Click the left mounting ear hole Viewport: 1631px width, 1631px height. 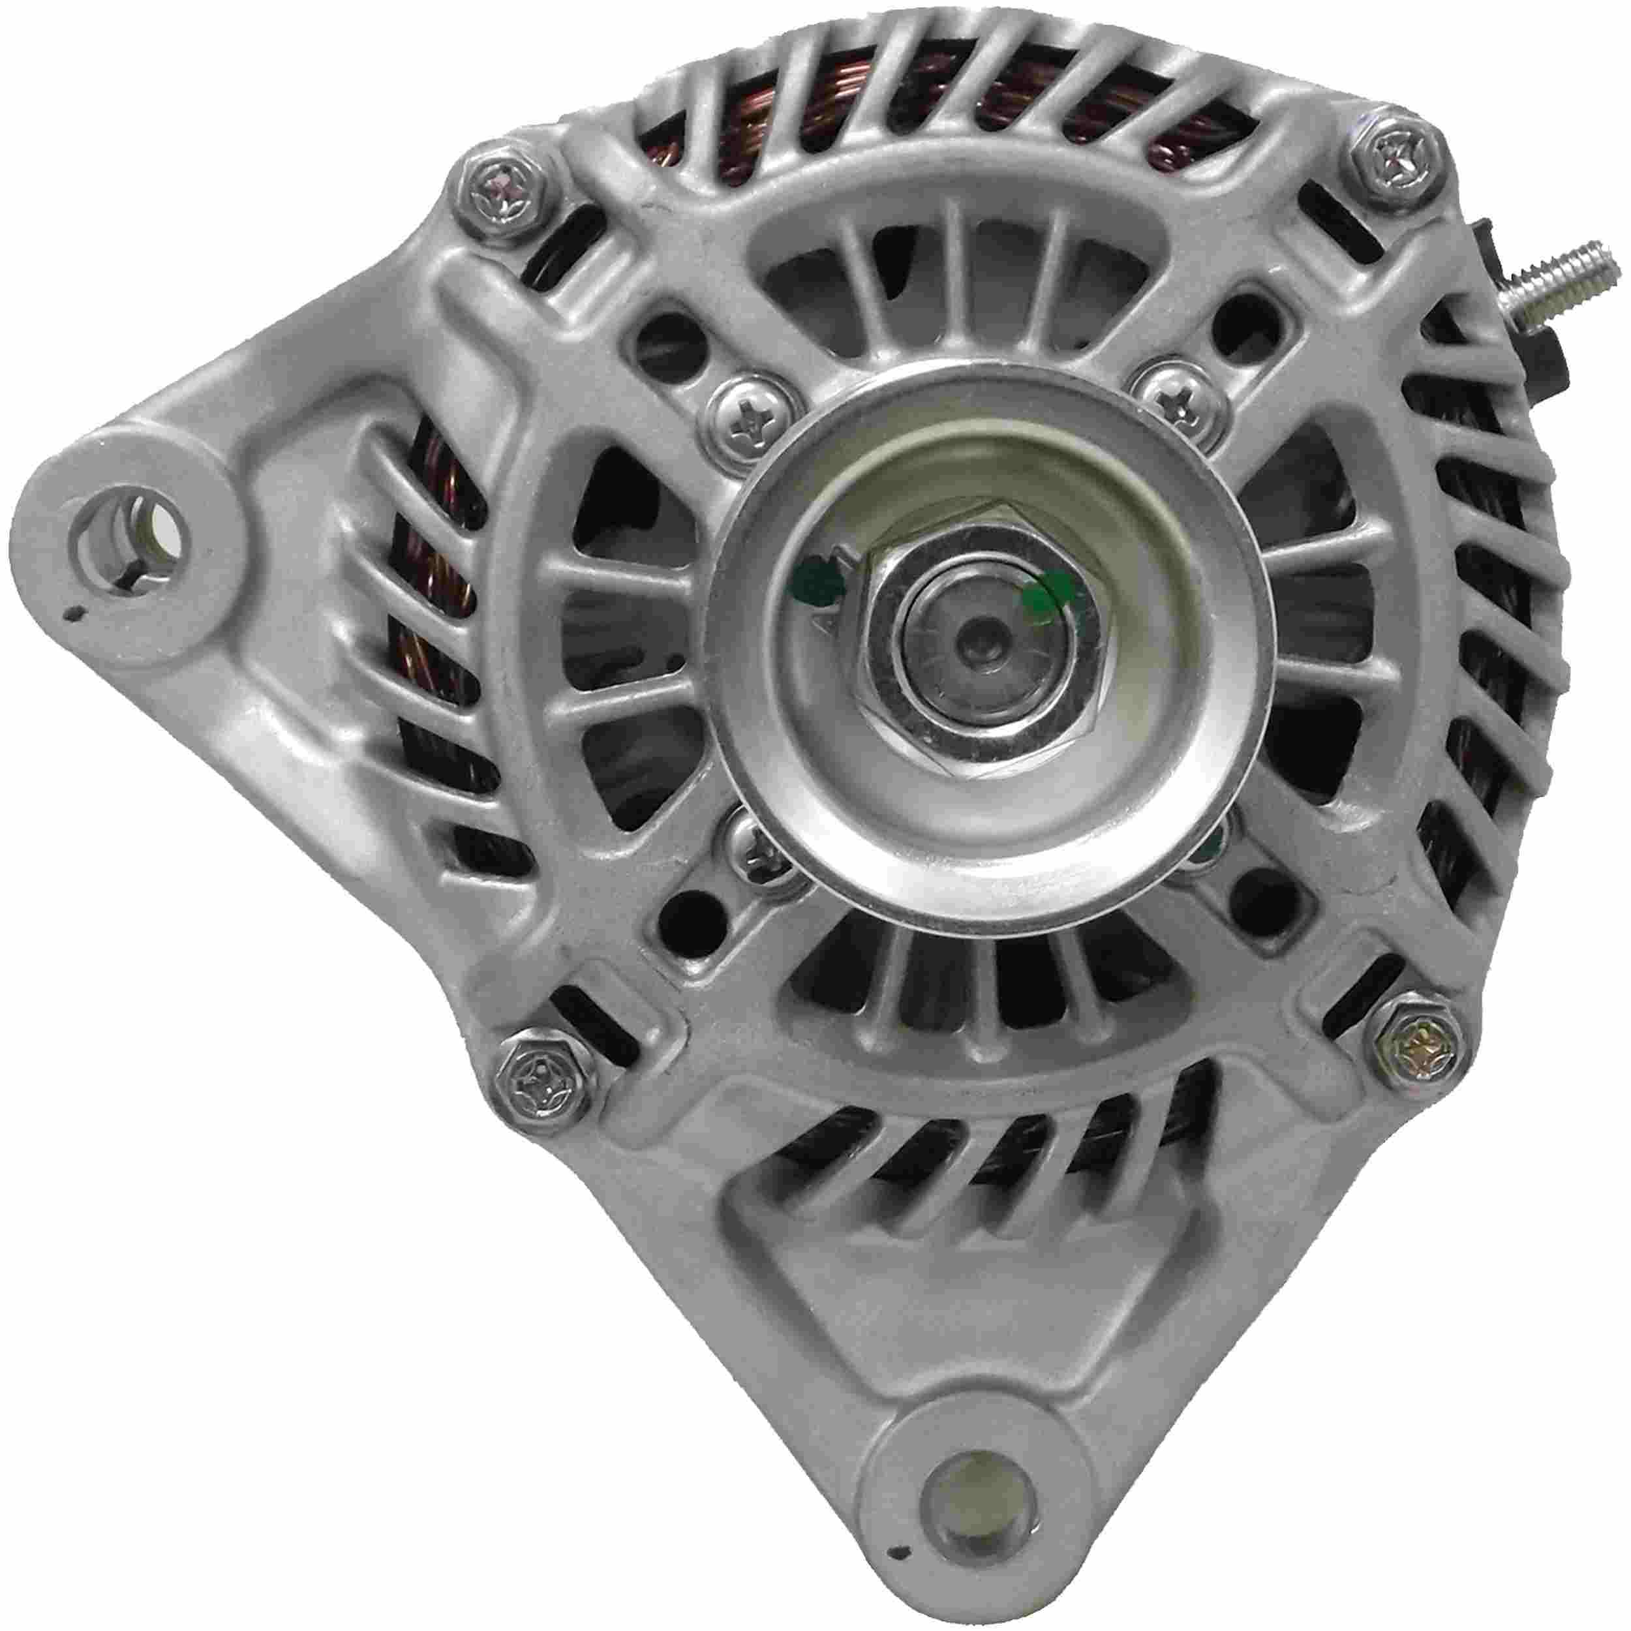click(x=138, y=534)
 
